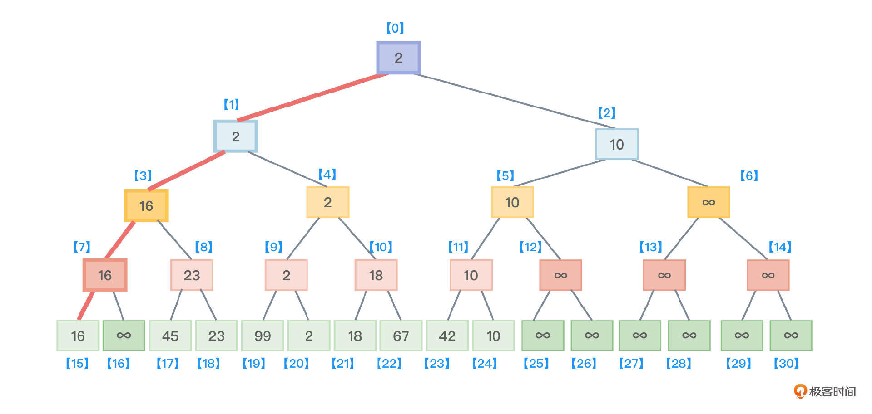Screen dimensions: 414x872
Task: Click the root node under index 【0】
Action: click(x=398, y=58)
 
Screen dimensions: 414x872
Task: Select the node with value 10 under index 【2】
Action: click(x=616, y=144)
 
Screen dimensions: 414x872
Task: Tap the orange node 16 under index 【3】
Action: click(x=146, y=205)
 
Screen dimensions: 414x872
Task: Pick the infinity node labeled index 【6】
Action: click(x=708, y=202)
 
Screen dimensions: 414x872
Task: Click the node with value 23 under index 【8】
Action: click(x=192, y=275)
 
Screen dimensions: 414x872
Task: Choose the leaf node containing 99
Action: click(x=263, y=336)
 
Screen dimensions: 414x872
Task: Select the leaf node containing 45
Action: click(x=170, y=336)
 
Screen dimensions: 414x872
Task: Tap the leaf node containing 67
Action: click(x=401, y=336)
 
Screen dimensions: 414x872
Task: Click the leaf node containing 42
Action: click(x=447, y=336)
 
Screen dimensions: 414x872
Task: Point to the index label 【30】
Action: click(x=786, y=363)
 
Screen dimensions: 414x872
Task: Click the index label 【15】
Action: click(x=77, y=363)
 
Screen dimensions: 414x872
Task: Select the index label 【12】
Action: click(x=530, y=247)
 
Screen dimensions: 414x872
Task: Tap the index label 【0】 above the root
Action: click(x=395, y=28)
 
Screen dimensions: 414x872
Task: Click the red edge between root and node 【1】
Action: click(x=313, y=97)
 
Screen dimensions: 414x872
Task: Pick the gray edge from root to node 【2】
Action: click(x=513, y=101)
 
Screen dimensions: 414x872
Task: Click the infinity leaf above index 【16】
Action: click(x=124, y=336)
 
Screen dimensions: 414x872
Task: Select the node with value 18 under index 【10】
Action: click(x=376, y=275)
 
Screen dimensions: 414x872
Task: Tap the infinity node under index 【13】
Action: click(x=664, y=275)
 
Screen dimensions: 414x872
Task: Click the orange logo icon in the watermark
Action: click(x=800, y=391)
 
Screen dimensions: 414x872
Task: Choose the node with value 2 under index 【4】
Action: click(x=327, y=202)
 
